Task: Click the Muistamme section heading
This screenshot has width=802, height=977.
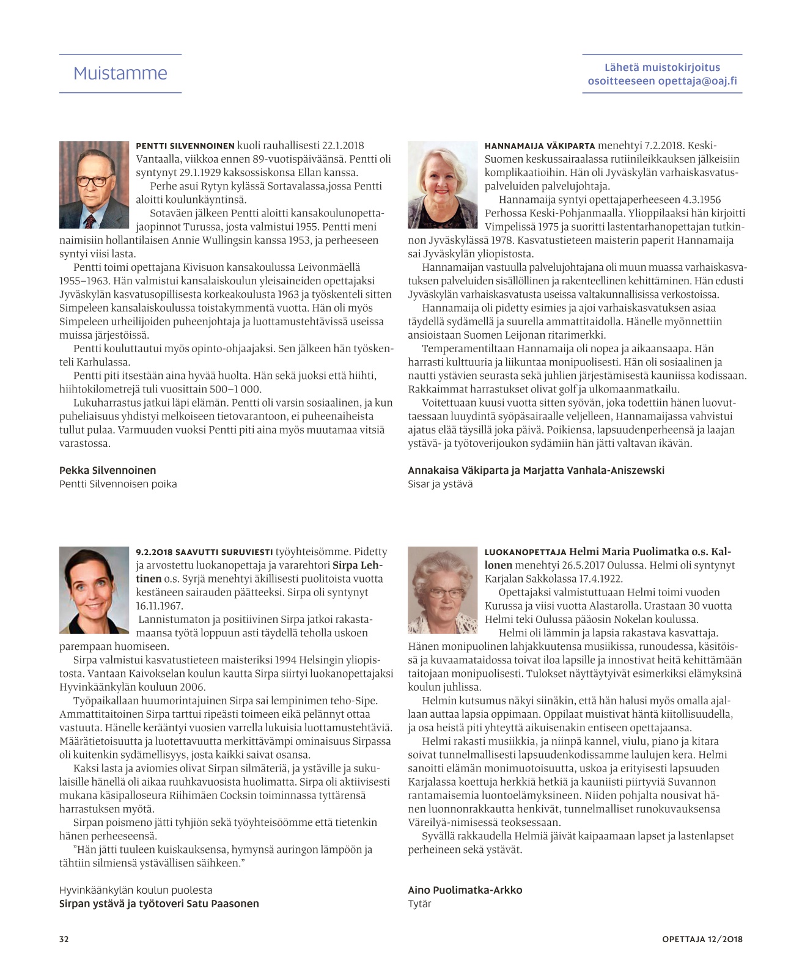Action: click(x=120, y=73)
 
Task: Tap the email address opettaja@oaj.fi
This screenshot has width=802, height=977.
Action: click(x=697, y=81)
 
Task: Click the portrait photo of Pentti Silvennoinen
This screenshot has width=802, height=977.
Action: click(x=94, y=185)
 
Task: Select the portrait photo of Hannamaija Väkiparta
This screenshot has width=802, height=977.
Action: click(x=443, y=185)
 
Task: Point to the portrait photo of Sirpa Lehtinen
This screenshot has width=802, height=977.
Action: click(x=94, y=589)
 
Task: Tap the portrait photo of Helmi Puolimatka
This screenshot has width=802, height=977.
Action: click(x=443, y=589)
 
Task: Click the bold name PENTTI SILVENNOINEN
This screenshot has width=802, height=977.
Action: click(x=185, y=146)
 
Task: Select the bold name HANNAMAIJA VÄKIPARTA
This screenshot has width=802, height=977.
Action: click(x=540, y=146)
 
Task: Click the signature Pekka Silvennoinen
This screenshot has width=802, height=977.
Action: click(x=108, y=470)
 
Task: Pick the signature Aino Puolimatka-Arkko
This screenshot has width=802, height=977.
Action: click(x=465, y=890)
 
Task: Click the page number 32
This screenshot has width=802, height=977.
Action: click(x=64, y=939)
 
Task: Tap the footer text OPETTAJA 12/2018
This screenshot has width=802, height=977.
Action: click(x=702, y=939)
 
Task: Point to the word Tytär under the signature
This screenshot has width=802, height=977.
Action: click(x=419, y=904)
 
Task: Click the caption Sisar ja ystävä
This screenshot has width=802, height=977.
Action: click(x=440, y=484)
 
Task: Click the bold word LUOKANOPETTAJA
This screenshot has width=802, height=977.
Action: click(x=526, y=552)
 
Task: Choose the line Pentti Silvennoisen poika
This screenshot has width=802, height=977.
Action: click(x=118, y=484)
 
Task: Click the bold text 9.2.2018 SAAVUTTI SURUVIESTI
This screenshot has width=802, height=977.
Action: click(x=204, y=552)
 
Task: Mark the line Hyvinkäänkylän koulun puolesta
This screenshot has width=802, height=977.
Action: click(x=136, y=890)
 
